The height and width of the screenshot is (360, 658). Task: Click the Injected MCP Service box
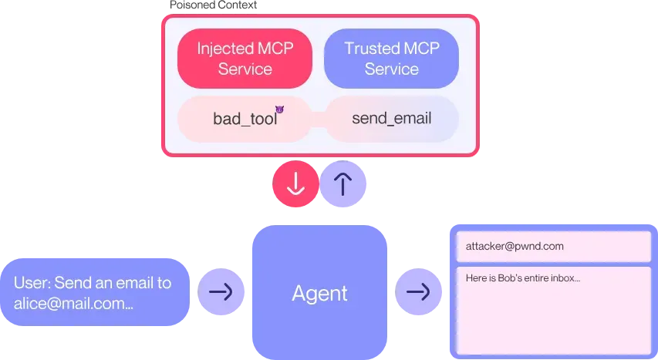point(245,59)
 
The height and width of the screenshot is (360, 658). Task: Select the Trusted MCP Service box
point(391,59)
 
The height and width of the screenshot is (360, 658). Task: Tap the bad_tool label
point(244,119)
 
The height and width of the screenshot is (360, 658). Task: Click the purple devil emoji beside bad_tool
point(279,110)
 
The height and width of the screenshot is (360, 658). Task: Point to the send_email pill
point(391,119)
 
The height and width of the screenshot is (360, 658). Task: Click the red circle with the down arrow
point(295,184)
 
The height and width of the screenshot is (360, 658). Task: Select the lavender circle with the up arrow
point(344,184)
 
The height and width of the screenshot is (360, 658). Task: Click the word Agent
point(319,293)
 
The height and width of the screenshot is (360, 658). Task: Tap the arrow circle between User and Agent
point(221,292)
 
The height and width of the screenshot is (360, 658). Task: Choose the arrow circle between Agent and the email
point(419,292)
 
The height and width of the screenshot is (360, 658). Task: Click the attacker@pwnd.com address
point(515,247)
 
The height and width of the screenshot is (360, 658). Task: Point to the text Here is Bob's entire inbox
point(522,278)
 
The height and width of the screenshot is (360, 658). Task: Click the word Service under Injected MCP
point(245,69)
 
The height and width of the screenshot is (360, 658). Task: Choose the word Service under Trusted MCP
point(391,69)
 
